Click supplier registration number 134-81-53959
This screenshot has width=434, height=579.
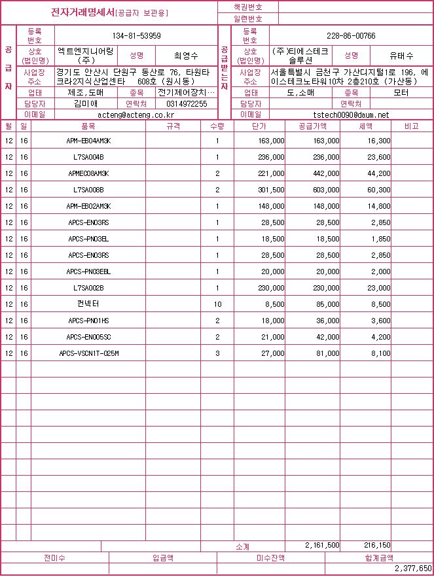pos(136,35)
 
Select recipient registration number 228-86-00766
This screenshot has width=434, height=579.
pos(351,35)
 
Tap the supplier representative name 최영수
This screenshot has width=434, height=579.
pos(186,56)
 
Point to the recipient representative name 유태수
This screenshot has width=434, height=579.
pos(401,56)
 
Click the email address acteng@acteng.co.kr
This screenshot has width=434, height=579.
pos(136,114)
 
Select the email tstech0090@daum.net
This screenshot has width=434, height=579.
pos(351,114)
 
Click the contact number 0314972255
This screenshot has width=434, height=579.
pos(187,104)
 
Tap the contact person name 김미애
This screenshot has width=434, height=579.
pos(86,104)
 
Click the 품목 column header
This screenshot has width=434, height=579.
pos(88,125)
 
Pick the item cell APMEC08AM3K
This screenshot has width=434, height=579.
pos(88,173)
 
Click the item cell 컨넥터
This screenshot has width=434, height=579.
pos(88,304)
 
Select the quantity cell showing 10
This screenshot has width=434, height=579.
pos(217,304)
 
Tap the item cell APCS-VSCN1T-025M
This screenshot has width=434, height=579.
pos(88,353)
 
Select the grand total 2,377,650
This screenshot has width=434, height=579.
pos(413,569)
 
